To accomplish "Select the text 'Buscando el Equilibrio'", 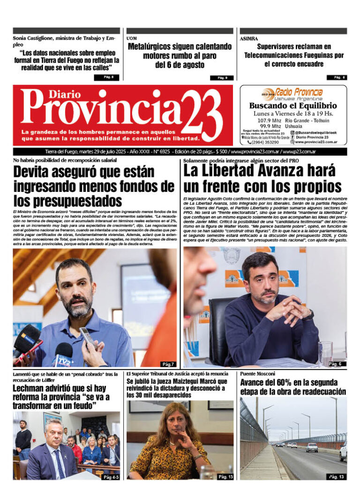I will [293, 106].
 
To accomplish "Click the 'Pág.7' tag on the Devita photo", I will [168, 364].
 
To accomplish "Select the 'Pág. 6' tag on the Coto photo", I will [335, 364].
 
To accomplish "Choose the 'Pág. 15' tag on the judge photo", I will [224, 477].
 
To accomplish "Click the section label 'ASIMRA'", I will [248, 38].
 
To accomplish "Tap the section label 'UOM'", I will [132, 38].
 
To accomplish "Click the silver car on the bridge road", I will [311, 447].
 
